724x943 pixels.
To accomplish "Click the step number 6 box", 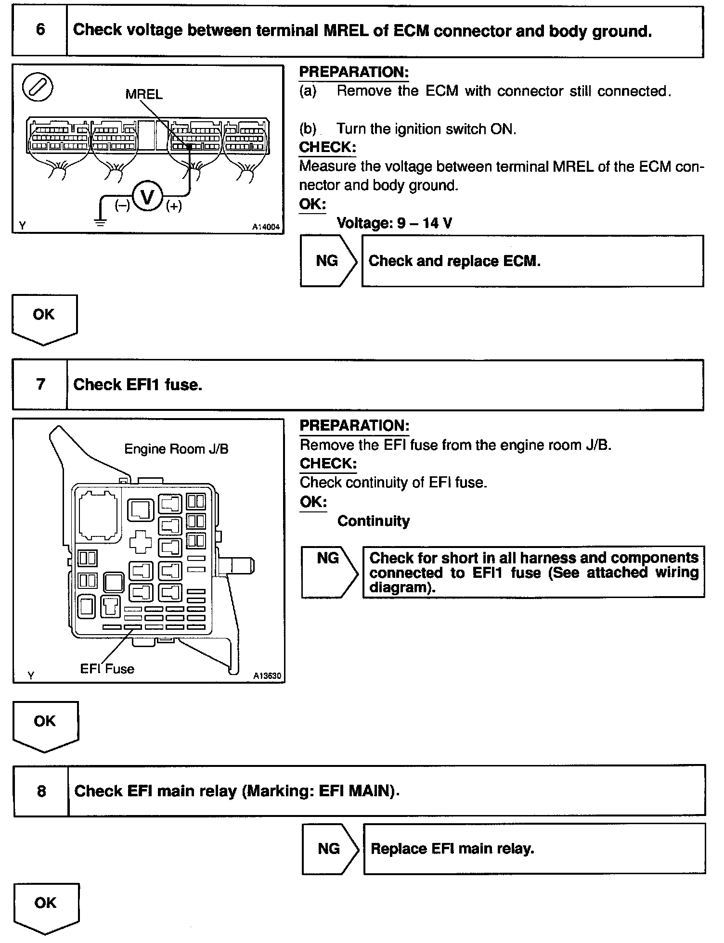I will click(40, 30).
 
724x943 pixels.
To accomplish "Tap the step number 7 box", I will click(40, 384).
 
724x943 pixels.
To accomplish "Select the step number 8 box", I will click(41, 791).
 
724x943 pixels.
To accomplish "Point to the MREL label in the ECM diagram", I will click(144, 94).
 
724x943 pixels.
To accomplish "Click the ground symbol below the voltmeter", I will click(100, 222).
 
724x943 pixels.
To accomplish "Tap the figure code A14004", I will click(266, 227).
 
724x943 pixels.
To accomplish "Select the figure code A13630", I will click(267, 676).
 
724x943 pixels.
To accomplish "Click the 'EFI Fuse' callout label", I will click(107, 669).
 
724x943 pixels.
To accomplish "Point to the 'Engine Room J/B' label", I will click(176, 449).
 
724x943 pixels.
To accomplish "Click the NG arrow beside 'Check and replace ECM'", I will click(328, 261).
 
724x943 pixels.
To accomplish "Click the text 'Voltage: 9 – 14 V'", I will click(394, 223).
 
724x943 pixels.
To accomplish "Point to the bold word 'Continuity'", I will click(374, 521).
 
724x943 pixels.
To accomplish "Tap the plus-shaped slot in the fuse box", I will click(141, 542).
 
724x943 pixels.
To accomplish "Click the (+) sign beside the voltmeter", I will click(174, 206).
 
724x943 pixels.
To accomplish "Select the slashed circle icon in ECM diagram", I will click(38, 89).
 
